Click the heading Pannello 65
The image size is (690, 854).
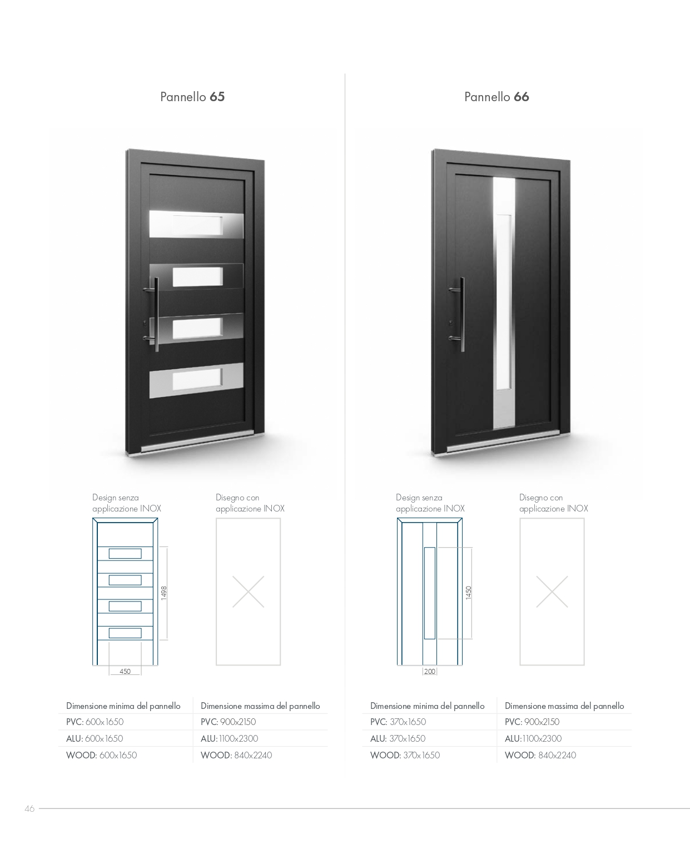pyautogui.click(x=192, y=97)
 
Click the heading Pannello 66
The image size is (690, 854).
pyautogui.click(x=497, y=97)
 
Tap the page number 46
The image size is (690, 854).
pyautogui.click(x=29, y=808)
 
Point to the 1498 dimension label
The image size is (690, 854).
pyautogui.click(x=163, y=593)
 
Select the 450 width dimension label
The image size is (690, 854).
pyautogui.click(x=125, y=671)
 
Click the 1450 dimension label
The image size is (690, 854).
pyautogui.click(x=468, y=593)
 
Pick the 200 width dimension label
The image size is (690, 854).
pyautogui.click(x=429, y=671)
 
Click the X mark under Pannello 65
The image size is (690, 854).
pyautogui.click(x=248, y=592)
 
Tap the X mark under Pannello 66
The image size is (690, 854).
pyautogui.click(x=552, y=592)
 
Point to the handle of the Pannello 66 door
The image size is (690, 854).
pyautogui.click(x=461, y=314)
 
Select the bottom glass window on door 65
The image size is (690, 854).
pyautogui.click(x=197, y=379)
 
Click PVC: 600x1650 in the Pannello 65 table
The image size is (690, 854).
pyautogui.click(x=95, y=722)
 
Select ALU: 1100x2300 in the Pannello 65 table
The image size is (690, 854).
pyautogui.click(x=229, y=738)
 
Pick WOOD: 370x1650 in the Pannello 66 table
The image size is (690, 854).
pyautogui.click(x=405, y=755)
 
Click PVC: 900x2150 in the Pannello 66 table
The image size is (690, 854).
pyautogui.click(x=532, y=722)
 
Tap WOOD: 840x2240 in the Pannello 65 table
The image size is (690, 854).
pyautogui.click(x=236, y=755)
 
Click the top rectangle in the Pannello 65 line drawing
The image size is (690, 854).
pyautogui.click(x=125, y=553)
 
